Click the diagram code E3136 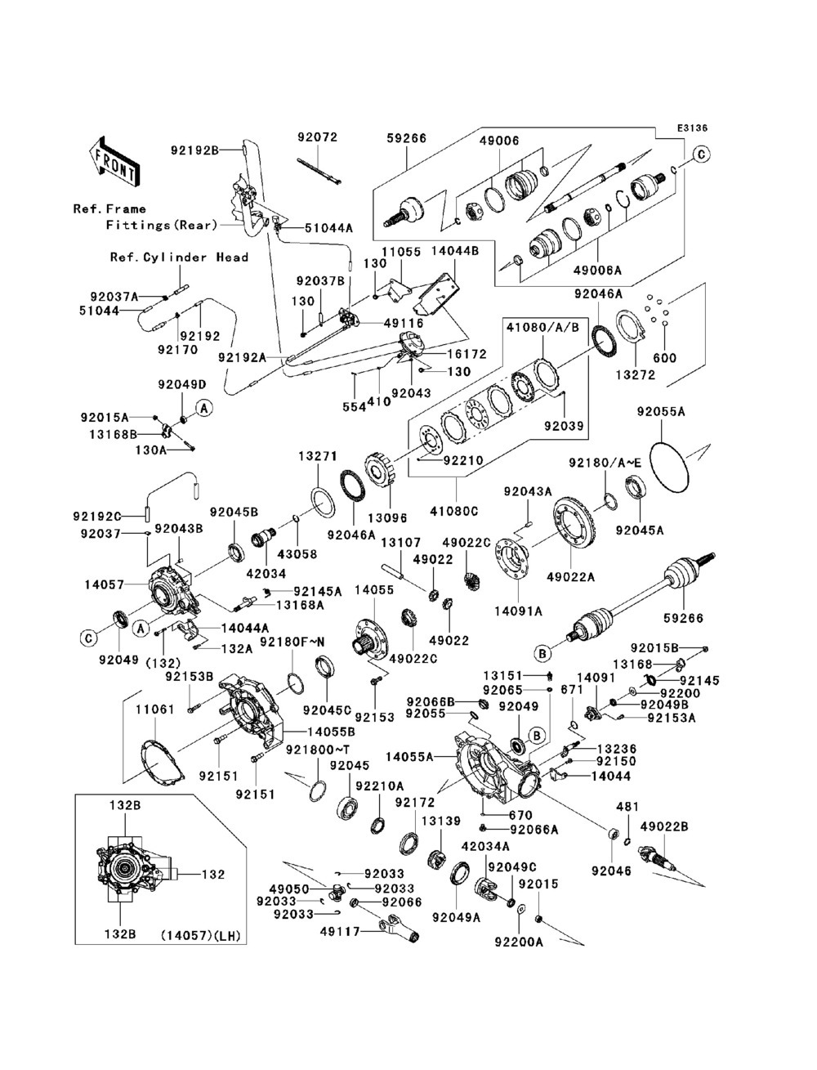691,128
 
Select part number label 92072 318,138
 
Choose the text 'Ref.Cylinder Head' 179,257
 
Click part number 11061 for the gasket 154,710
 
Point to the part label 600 664,358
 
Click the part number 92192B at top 194,150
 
